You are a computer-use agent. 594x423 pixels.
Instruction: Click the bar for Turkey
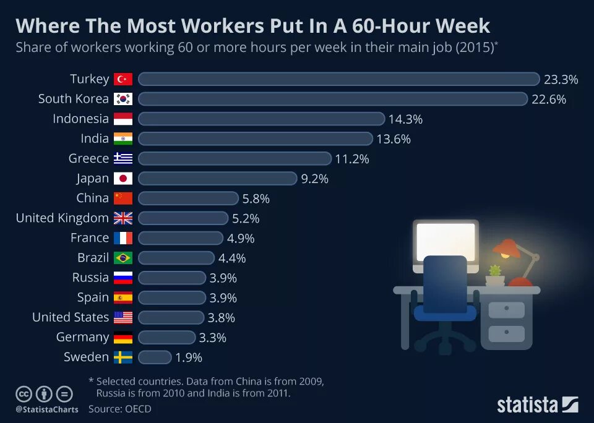click(x=338, y=79)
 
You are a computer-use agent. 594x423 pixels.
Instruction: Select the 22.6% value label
click(x=549, y=99)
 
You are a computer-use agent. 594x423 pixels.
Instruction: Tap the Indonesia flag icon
click(x=123, y=119)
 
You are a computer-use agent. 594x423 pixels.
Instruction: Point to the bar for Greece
click(x=235, y=159)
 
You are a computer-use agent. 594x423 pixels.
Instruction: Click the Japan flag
click(x=123, y=179)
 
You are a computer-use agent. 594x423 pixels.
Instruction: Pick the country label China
click(x=92, y=199)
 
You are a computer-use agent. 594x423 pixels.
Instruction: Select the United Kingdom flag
click(x=123, y=218)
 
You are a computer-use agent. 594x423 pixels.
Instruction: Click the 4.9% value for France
click(x=241, y=238)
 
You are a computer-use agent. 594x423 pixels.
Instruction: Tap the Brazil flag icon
click(x=123, y=258)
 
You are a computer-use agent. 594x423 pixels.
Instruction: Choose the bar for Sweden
click(x=155, y=357)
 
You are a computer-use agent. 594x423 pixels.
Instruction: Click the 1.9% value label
click(x=189, y=357)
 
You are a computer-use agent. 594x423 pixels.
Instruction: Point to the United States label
click(x=71, y=317)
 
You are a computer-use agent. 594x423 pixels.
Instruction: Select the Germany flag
click(x=123, y=338)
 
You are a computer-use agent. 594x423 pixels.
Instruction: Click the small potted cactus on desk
click(x=494, y=272)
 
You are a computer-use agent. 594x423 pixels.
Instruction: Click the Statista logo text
click(x=528, y=405)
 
